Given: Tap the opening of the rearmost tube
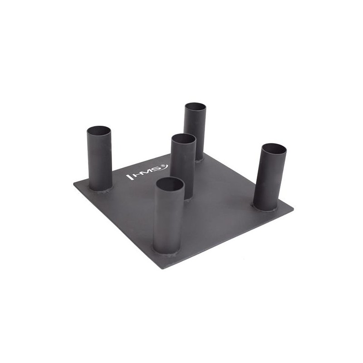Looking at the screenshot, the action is [x=196, y=107].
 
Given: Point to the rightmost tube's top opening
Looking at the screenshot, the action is [x=274, y=149].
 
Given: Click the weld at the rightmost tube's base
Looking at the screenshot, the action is [x=265, y=208].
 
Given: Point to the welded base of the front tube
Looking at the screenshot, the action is [x=167, y=253].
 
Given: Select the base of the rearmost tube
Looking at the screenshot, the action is [x=199, y=159].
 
